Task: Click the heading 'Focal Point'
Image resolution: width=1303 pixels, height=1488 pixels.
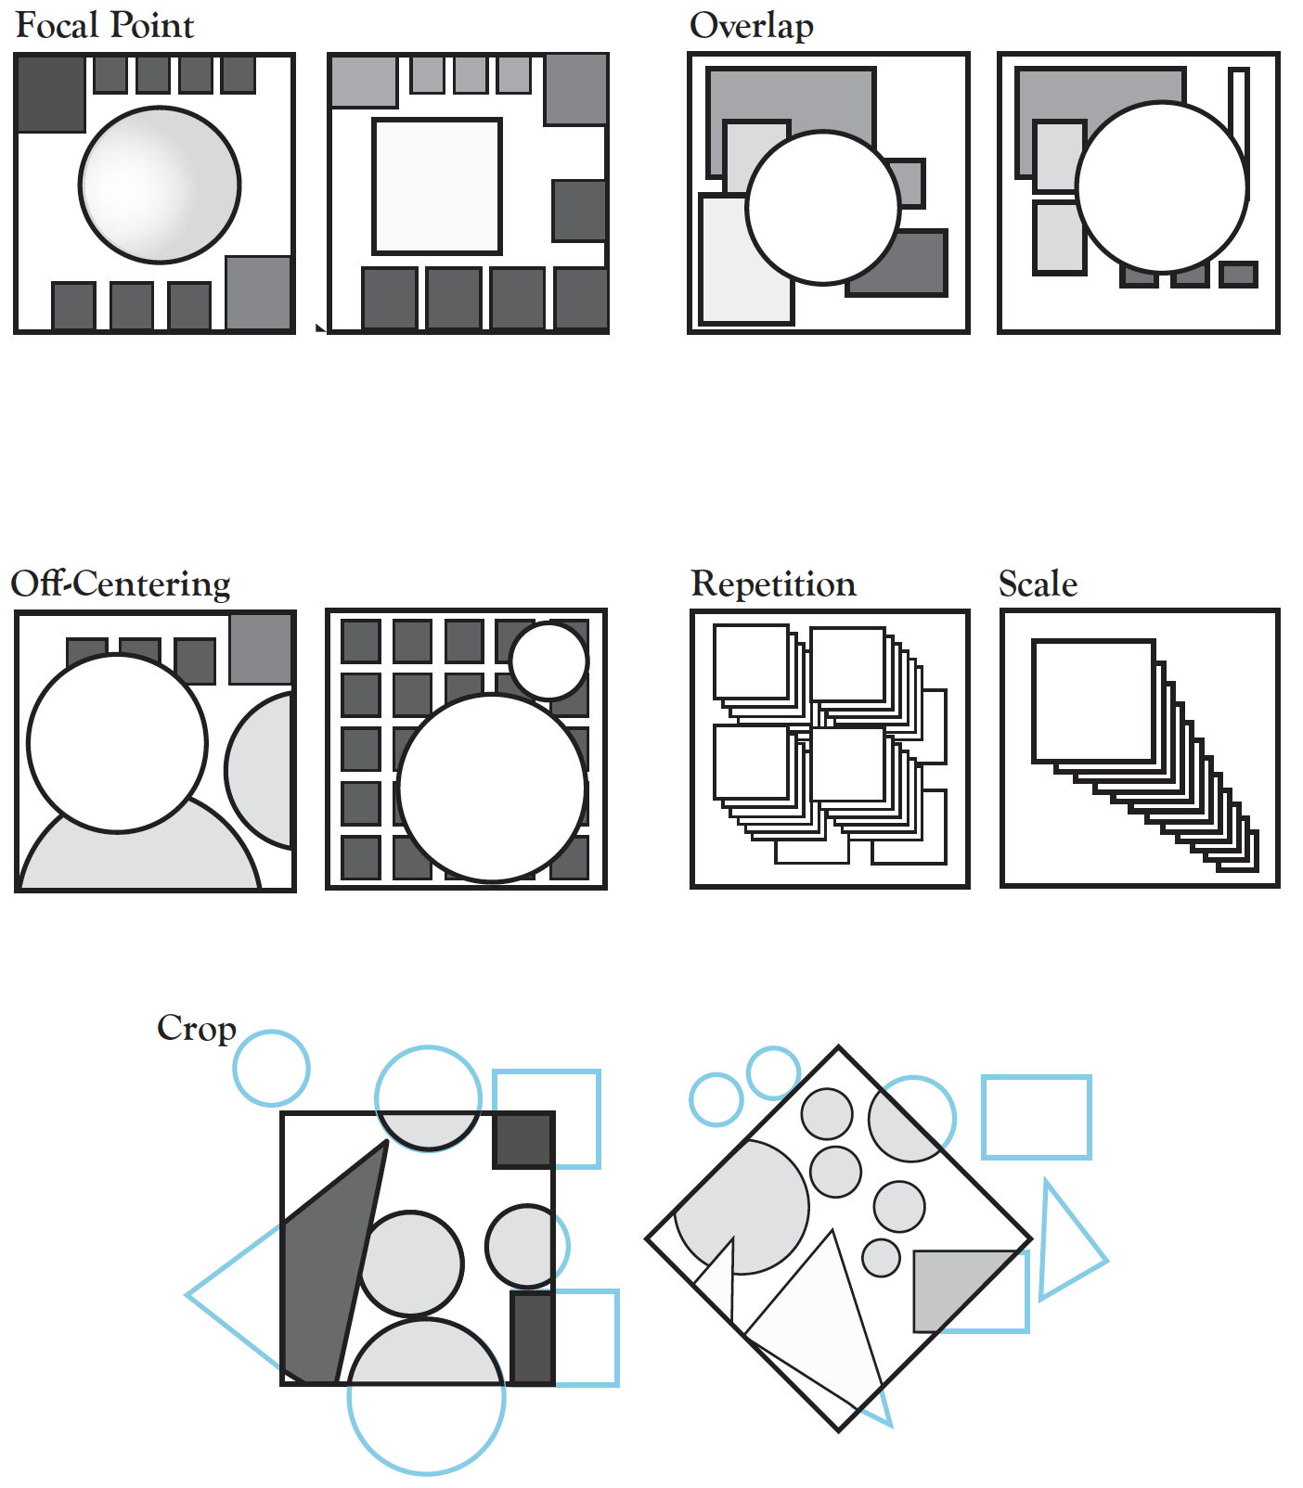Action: tap(104, 25)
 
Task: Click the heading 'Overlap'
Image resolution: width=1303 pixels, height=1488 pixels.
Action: tap(751, 25)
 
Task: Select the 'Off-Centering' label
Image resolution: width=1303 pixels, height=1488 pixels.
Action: tap(121, 584)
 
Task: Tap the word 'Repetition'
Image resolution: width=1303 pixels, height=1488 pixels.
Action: tap(773, 584)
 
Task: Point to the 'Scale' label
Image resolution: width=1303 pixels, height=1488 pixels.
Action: tap(1038, 584)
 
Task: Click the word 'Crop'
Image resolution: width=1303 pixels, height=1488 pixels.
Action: tap(197, 1028)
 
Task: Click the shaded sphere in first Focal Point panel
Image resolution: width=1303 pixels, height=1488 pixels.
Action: tap(160, 185)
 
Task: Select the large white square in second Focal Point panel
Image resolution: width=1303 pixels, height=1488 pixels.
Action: tap(437, 186)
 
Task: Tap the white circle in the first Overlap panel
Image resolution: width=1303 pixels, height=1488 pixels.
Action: tap(822, 207)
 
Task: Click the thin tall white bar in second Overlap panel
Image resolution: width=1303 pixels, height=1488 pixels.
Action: tap(1238, 102)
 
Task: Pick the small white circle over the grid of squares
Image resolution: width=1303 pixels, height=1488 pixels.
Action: tap(548, 661)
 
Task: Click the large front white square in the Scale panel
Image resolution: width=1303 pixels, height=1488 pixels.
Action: tap(1093, 700)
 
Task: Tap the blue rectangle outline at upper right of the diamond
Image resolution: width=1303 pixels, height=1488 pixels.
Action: tap(1036, 1117)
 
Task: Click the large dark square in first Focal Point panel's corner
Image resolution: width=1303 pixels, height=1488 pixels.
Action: tap(51, 93)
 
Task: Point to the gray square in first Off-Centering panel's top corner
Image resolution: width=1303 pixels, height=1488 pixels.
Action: tap(261, 648)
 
